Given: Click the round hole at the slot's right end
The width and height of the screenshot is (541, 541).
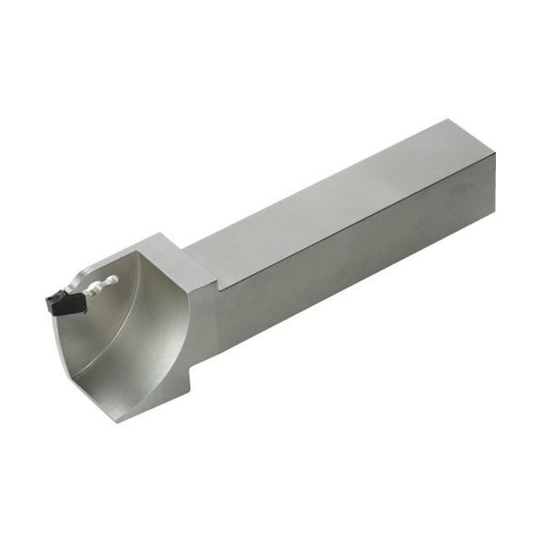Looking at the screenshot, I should [113, 280].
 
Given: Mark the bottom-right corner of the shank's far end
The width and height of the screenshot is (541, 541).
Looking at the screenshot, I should [493, 215].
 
